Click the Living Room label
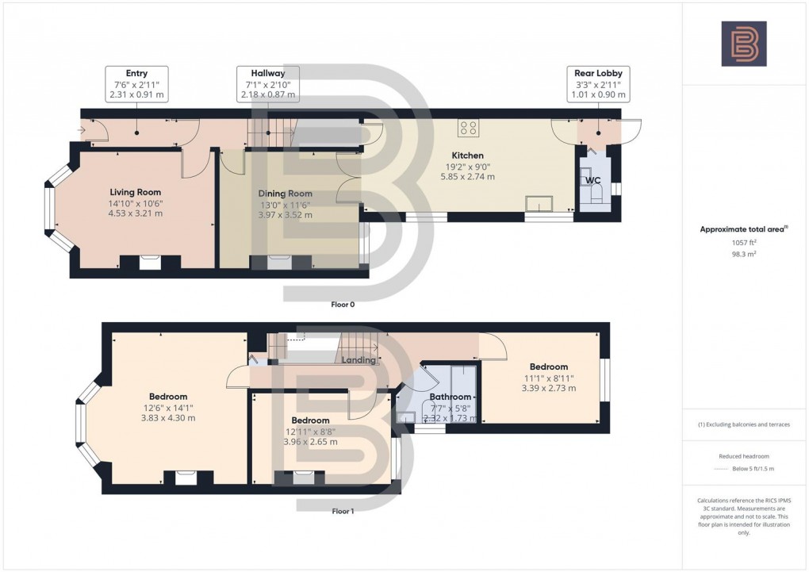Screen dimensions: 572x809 135,192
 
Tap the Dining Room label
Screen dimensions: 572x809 286,194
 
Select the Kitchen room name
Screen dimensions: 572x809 467,155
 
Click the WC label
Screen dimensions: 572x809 592,181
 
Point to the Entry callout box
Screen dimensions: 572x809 136,83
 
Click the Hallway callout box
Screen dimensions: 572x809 267,83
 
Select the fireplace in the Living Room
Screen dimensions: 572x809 148,263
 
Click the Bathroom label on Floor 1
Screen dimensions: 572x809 451,397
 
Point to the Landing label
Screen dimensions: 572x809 358,360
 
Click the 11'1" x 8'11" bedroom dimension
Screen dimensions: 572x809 549,378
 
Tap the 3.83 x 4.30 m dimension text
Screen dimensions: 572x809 168,418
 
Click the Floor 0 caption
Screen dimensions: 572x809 343,304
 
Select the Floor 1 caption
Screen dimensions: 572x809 343,511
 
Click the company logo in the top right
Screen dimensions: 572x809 743,44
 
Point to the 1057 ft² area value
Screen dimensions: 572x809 743,244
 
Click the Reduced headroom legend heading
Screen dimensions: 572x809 743,456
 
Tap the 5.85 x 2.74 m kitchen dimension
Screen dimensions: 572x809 467,177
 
